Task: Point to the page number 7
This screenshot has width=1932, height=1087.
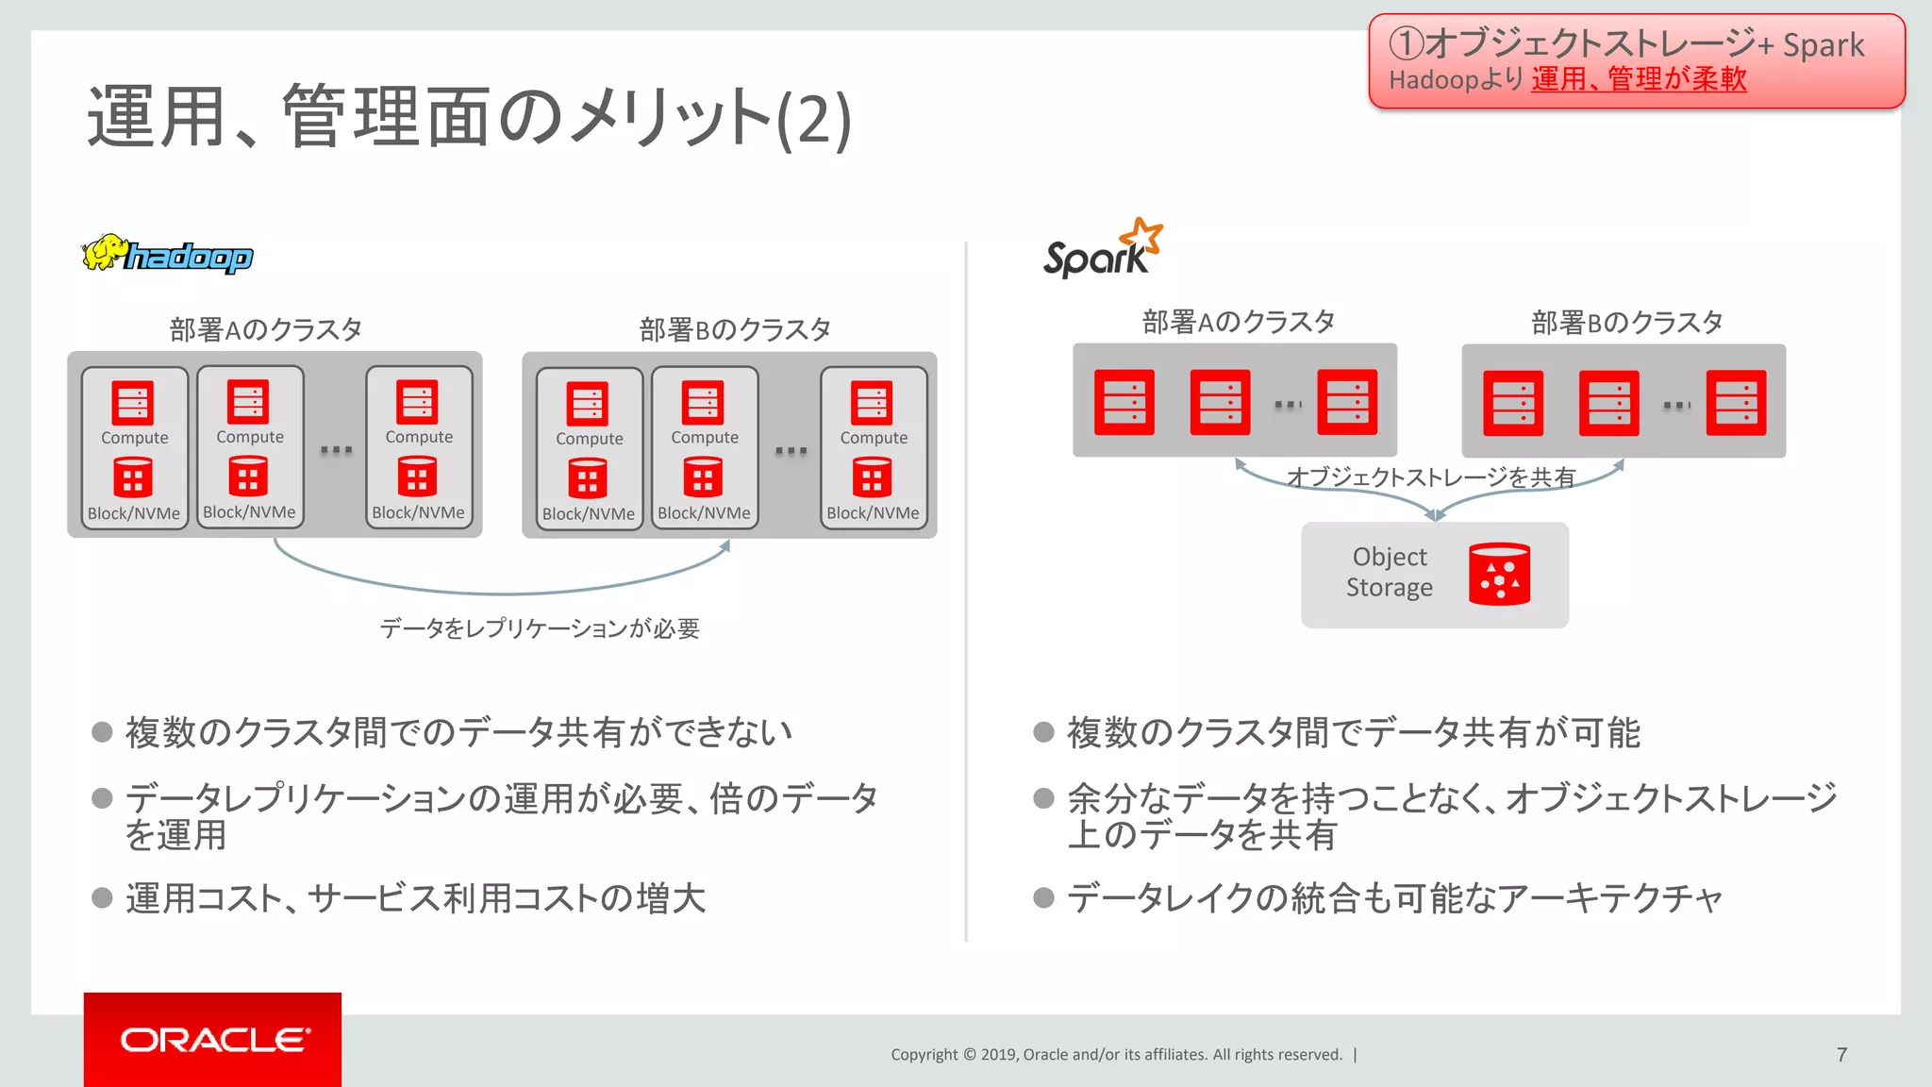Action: coord(1841,1054)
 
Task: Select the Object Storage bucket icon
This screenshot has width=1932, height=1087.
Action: coord(1499,574)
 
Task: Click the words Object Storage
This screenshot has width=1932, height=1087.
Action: coord(1389,572)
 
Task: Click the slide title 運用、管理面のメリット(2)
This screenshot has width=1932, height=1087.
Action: coord(469,118)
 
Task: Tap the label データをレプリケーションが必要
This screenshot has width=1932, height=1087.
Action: coord(540,628)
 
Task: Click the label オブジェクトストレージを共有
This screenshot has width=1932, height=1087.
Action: coord(1430,477)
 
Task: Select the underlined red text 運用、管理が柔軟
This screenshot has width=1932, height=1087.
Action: coord(1639,79)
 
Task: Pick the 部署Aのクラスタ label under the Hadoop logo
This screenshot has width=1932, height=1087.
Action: coord(266,329)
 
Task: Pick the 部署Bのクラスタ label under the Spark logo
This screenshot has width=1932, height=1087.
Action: coord(1627,323)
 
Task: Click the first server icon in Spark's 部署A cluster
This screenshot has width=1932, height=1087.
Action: coord(1124,403)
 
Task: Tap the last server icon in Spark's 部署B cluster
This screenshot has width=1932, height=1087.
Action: coord(1736,403)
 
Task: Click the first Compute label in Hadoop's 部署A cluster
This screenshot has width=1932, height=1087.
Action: coord(135,438)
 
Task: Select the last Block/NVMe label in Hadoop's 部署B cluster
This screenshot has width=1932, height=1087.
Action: coord(873,513)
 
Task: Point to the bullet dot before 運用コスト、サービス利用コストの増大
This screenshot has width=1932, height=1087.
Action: coord(102,897)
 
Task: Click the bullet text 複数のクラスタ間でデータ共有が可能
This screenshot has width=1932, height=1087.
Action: coord(1354,732)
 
